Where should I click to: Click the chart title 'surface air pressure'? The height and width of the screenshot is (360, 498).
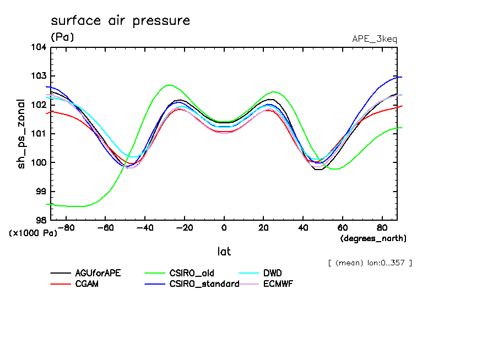click(120, 21)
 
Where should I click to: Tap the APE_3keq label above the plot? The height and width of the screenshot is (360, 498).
click(374, 39)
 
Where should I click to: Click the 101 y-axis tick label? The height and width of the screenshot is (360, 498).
click(39, 134)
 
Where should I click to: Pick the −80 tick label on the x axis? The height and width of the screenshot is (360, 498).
click(65, 227)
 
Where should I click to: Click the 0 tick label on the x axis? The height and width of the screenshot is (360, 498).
click(224, 227)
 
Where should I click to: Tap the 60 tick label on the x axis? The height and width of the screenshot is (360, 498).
click(342, 227)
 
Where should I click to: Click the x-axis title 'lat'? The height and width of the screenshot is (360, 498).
click(224, 252)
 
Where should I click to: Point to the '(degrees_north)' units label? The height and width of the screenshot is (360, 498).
click(373, 238)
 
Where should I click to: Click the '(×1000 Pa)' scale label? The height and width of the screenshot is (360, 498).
click(33, 233)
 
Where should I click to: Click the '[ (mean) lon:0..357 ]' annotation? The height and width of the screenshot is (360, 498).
click(370, 263)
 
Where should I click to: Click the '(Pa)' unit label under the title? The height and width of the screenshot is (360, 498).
click(62, 37)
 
